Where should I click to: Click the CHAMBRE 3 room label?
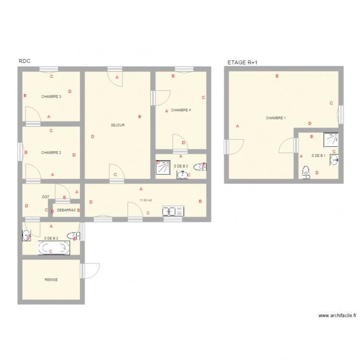pos(51,96)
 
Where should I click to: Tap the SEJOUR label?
pos(118,125)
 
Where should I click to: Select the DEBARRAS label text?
pos(66,210)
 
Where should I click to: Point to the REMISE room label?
pos(51,280)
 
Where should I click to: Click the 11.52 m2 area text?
pos(145,200)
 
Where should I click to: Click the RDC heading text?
pos(24,61)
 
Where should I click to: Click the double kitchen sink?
pos(173,211)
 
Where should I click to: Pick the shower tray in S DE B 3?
pos(163,167)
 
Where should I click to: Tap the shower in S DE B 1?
pos(331,139)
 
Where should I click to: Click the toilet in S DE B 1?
pos(306,172)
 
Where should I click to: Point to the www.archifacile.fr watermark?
pos(337,315)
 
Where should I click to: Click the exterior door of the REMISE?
pos(91,271)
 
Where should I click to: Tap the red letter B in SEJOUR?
pos(140,117)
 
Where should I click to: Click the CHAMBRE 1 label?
pos(276,118)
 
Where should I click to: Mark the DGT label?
pos(46,197)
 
